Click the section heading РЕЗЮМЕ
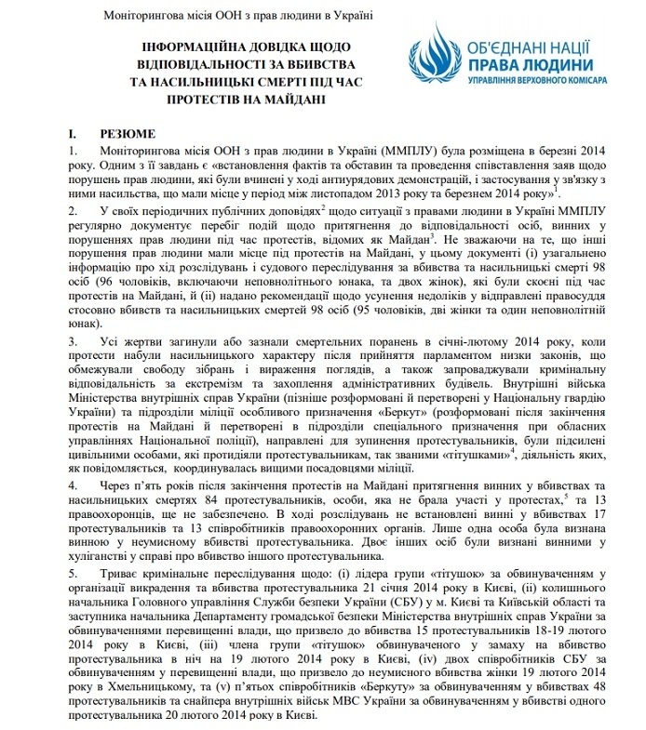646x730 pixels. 120,134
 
